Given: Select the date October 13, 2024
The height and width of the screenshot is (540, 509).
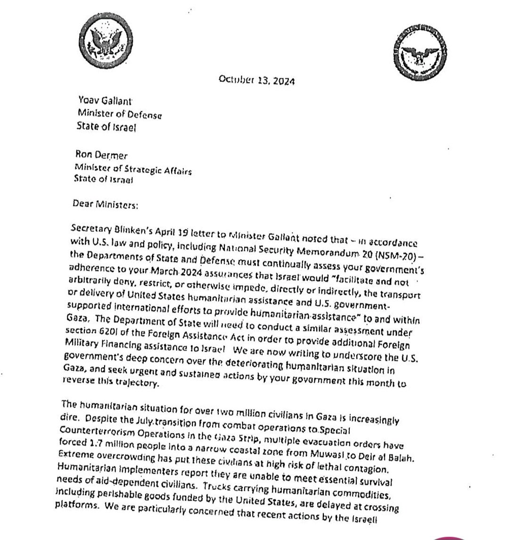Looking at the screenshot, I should pos(257,80).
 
